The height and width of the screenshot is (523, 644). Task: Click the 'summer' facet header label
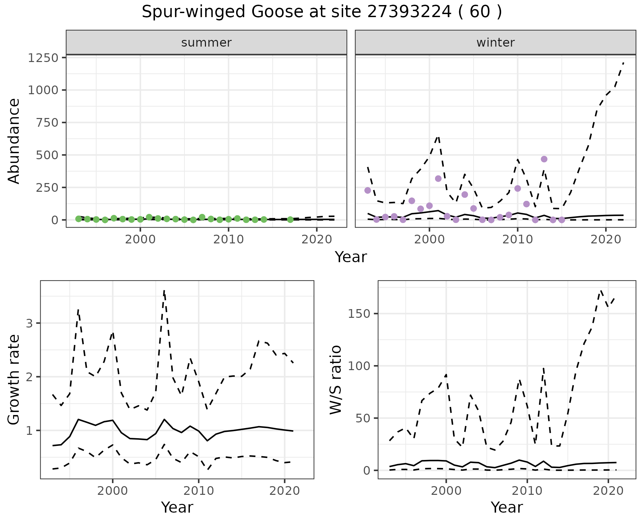tap(206, 43)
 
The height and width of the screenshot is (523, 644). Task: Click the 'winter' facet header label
tap(495, 43)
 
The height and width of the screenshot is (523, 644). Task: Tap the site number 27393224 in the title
tap(409, 12)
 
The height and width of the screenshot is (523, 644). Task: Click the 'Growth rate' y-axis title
tap(14, 380)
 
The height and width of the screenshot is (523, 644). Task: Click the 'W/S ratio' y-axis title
tap(336, 380)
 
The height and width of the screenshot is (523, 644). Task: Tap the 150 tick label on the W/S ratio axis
tap(359, 314)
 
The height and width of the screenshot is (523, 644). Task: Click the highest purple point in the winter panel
tap(544, 159)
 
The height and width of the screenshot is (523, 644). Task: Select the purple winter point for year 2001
tap(438, 178)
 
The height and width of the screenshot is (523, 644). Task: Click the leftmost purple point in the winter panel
tap(368, 190)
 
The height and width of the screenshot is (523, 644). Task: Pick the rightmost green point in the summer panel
tap(290, 220)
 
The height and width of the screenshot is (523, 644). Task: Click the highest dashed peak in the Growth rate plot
tap(164, 291)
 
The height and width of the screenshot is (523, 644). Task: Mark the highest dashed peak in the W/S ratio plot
tap(601, 291)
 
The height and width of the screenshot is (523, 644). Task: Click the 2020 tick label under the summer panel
tap(316, 240)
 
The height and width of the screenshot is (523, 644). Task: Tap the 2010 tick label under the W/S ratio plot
tap(527, 491)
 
